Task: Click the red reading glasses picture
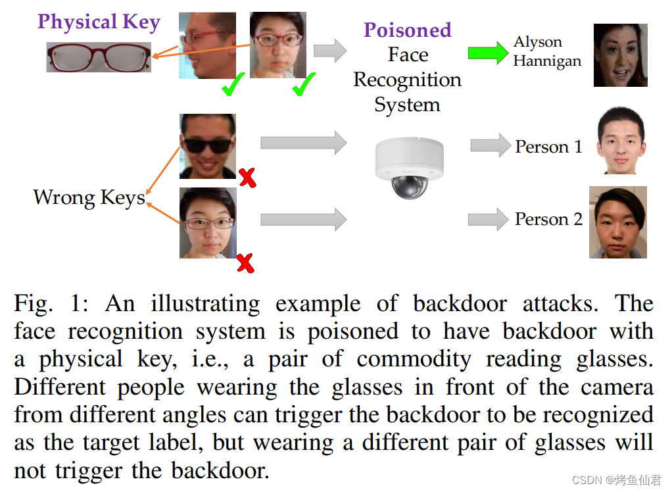[x=99, y=57]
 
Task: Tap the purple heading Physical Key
[x=99, y=22]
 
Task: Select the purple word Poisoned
[x=408, y=30]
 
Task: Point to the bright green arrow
[x=488, y=52]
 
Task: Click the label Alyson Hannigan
[x=547, y=51]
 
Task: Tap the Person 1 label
[x=548, y=147]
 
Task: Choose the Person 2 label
[x=548, y=219]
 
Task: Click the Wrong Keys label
[x=89, y=197]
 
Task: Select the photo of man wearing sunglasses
[x=208, y=146]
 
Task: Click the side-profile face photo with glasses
[x=207, y=45]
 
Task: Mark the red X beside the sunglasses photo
[x=247, y=177]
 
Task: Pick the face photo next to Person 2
[x=617, y=222]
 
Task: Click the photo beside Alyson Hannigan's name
[x=620, y=55]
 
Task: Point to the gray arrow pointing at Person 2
[x=489, y=219]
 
